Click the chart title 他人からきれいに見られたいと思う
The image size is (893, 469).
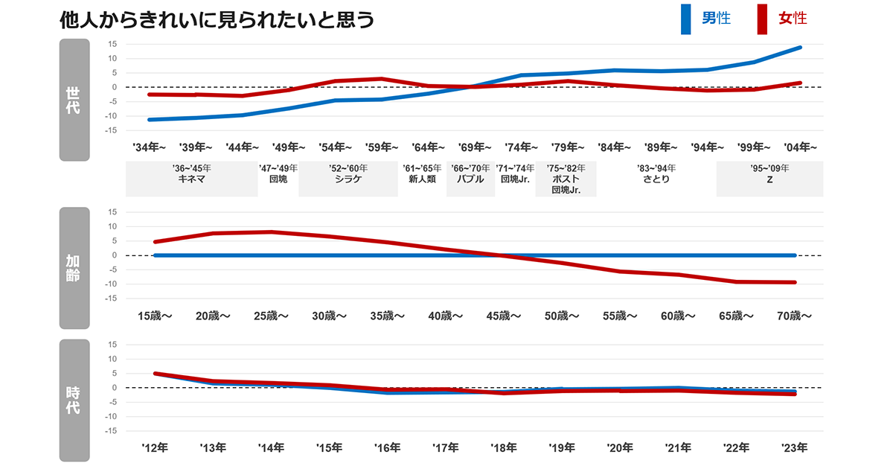click(217, 20)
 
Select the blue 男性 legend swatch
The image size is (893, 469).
click(685, 19)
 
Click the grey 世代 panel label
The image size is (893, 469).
click(74, 100)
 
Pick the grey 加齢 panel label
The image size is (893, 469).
click(74, 267)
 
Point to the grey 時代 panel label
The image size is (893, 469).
click(74, 401)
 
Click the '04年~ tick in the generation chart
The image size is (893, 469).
click(801, 147)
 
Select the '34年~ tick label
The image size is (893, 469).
click(149, 147)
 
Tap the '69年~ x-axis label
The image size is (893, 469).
click(475, 147)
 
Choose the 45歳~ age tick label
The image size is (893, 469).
click(504, 316)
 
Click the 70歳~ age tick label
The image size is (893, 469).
click(794, 316)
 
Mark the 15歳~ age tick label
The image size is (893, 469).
click(155, 316)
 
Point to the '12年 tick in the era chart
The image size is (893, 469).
click(155, 448)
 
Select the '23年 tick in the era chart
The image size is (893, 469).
click(794, 448)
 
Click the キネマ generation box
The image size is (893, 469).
click(192, 179)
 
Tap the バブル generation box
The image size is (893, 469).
click(470, 179)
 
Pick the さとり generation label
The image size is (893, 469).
click(656, 179)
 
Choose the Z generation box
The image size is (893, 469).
click(769, 179)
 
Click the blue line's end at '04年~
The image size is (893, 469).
click(800, 48)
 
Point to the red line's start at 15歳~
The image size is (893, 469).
click(155, 242)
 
